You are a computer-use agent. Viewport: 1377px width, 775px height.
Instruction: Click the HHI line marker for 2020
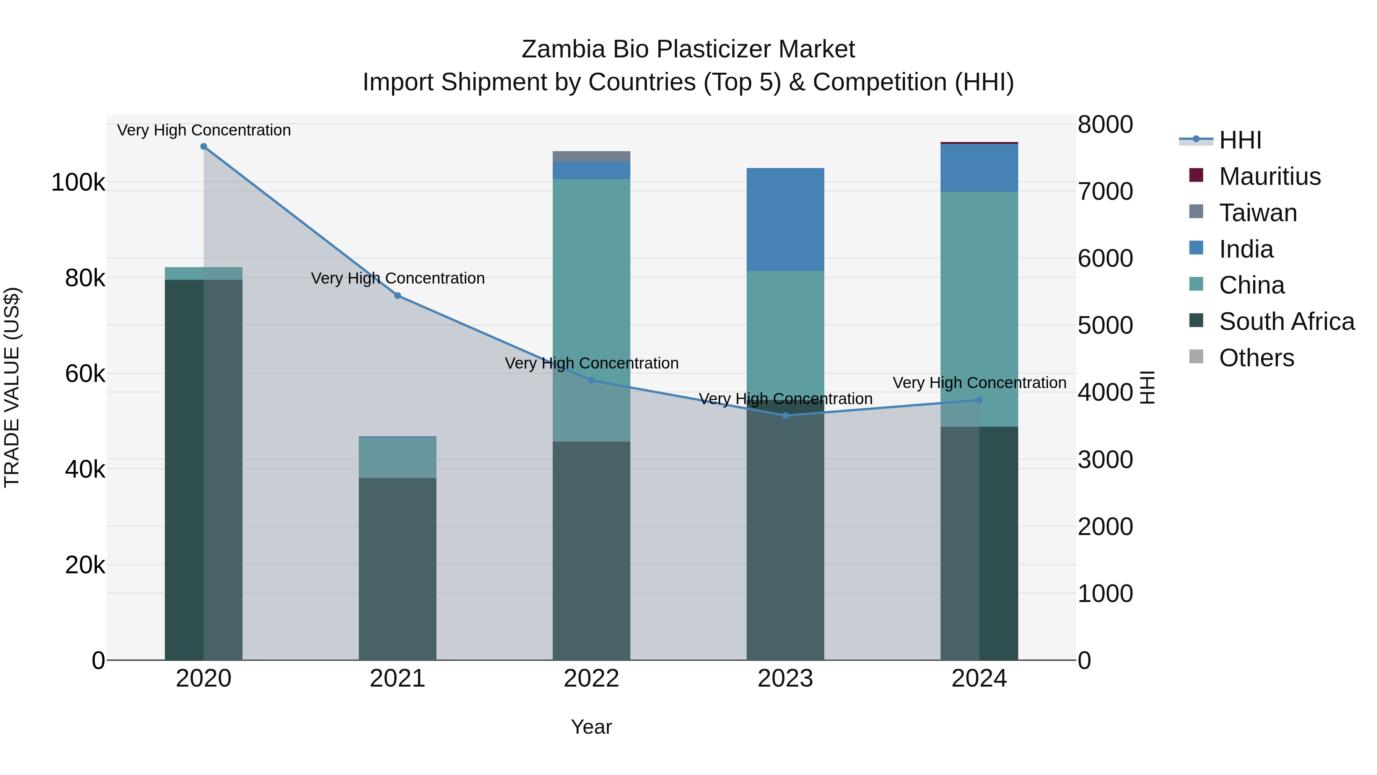(203, 147)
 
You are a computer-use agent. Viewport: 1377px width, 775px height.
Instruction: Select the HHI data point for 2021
(398, 296)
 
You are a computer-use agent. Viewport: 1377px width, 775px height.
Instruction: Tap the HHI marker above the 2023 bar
(785, 416)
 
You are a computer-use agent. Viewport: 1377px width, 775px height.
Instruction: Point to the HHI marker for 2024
(979, 400)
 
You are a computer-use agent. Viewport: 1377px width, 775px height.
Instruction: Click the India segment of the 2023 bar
(785, 219)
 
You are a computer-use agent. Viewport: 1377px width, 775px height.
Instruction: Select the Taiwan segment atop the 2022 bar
(591, 157)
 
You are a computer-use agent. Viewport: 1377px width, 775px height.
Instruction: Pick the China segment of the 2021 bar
(398, 457)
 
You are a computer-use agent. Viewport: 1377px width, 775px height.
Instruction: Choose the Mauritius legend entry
(1270, 176)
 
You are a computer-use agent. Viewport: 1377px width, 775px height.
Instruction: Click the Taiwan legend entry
(1258, 213)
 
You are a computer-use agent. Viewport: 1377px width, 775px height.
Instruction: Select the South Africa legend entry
(1286, 321)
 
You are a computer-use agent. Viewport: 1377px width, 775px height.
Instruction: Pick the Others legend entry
(1256, 358)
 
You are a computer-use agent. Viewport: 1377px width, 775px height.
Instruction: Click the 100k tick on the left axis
(78, 183)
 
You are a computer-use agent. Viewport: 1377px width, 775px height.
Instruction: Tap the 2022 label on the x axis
(591, 679)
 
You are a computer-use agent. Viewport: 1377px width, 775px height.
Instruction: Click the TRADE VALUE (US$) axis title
(12, 387)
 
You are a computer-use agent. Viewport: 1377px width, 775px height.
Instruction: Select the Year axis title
(591, 727)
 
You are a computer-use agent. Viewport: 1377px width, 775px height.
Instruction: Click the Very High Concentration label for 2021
(398, 278)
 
